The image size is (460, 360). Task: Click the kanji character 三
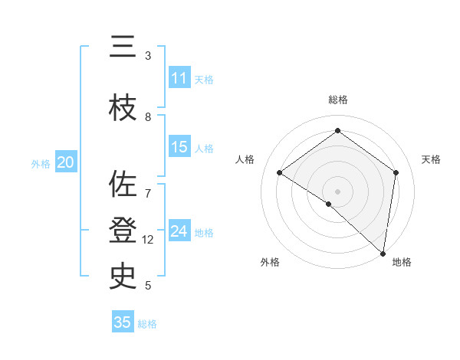(124, 47)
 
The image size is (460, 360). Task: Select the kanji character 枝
(124, 110)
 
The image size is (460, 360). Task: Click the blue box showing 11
(179, 78)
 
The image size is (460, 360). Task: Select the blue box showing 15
(179, 147)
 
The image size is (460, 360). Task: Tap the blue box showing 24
(179, 231)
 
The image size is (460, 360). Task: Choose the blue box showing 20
(66, 162)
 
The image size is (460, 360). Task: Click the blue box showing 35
(123, 322)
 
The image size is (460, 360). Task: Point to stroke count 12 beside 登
(148, 240)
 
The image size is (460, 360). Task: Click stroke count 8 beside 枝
(148, 117)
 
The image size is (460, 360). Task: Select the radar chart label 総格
(338, 100)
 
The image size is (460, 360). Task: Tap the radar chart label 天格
(431, 159)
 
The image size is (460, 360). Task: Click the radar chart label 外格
(270, 263)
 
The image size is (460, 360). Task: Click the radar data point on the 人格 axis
(280, 173)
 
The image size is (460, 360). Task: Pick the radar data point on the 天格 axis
(396, 173)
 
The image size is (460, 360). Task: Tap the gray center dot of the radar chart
(337, 191)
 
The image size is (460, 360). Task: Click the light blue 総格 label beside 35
(147, 324)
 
